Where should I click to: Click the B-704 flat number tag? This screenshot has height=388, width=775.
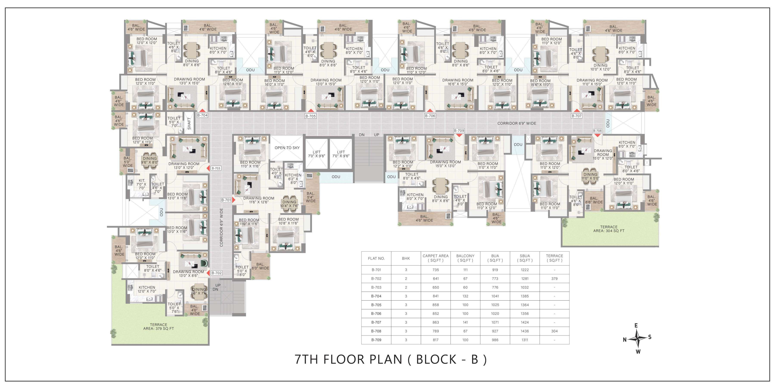point(202,115)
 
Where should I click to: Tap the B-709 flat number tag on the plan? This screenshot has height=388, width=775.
point(459,131)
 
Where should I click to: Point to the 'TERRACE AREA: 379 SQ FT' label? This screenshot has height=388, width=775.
point(159,327)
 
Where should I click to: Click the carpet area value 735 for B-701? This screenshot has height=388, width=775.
point(436,270)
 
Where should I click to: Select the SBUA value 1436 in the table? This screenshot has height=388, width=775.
point(525,331)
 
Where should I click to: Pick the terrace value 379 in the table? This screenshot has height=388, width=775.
point(554,279)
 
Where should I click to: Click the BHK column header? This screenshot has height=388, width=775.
point(406,258)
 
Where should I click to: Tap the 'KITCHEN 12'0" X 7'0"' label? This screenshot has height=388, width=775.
point(147,289)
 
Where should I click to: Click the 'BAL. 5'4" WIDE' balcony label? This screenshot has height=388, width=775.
point(311,197)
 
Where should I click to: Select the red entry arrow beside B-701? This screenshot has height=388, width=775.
point(234,200)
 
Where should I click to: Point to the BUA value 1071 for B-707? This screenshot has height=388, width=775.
point(495,322)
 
